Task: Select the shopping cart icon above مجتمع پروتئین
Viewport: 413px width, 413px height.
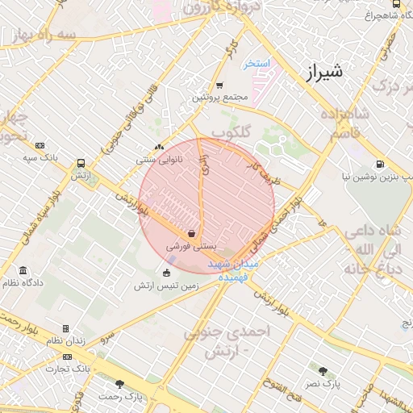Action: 219,86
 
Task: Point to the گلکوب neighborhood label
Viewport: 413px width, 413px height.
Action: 233,131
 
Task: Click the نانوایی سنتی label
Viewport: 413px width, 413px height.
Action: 158,161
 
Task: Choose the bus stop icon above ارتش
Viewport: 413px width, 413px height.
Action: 79,163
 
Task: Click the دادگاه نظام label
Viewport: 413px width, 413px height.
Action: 23,283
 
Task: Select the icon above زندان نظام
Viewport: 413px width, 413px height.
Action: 65,329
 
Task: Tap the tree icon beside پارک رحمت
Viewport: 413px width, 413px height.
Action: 120,384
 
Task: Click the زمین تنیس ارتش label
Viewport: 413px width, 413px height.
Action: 167,286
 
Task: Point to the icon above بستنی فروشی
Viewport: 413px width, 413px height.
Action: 191,233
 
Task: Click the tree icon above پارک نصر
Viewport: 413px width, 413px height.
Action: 323,372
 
